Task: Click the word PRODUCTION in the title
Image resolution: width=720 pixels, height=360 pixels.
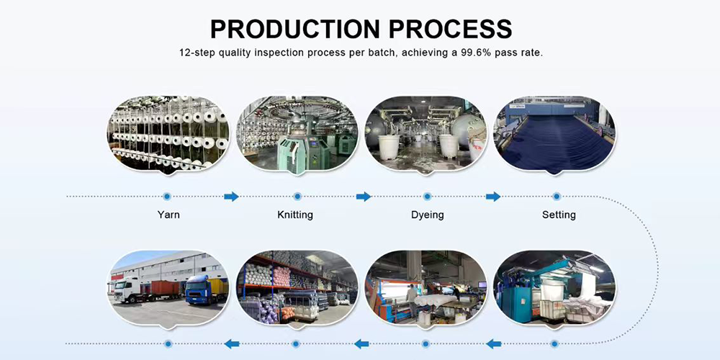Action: pyautogui.click(x=295, y=29)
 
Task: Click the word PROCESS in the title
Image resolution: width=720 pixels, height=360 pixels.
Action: pyautogui.click(x=451, y=29)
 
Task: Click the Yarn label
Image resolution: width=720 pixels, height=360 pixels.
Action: pyautogui.click(x=168, y=215)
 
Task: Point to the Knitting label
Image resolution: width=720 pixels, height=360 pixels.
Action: pyautogui.click(x=295, y=215)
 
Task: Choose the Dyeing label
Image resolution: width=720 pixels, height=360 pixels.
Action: pyautogui.click(x=428, y=215)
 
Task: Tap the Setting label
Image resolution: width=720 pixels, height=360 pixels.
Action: pyautogui.click(x=559, y=215)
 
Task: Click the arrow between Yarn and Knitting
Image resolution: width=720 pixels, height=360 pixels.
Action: pyautogui.click(x=231, y=197)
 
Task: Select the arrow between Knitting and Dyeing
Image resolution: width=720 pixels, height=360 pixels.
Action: pyautogui.click(x=363, y=197)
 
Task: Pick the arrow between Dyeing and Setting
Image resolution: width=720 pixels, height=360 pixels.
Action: pyautogui.click(x=493, y=197)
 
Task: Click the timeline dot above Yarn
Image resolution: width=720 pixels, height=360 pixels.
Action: pyautogui.click(x=167, y=197)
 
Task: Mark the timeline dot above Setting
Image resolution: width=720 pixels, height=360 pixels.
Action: pyautogui.click(x=557, y=197)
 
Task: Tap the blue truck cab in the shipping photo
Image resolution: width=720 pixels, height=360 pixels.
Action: pyautogui.click(x=198, y=289)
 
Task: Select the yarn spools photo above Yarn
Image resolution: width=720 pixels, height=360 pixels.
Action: pyautogui.click(x=168, y=134)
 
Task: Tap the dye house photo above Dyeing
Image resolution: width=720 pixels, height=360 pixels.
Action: pyautogui.click(x=426, y=134)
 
